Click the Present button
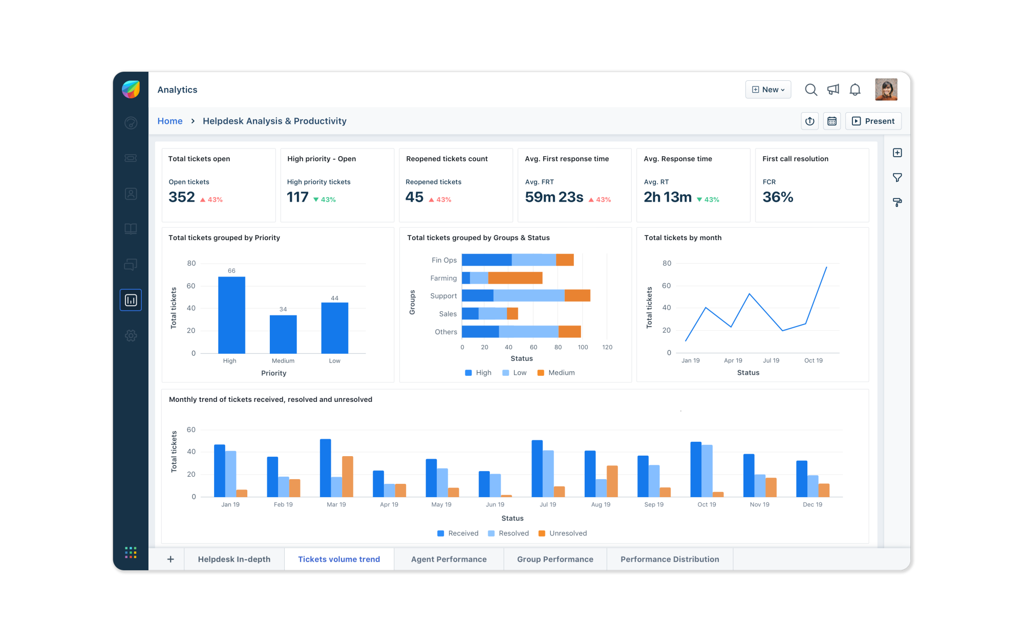(873, 121)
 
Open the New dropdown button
(768, 90)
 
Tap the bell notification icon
(855, 90)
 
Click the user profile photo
(886, 90)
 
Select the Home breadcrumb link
(170, 121)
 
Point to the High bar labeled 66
(231, 315)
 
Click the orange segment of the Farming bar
(515, 278)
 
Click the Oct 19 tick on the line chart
(813, 360)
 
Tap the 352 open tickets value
(182, 197)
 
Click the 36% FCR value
(778, 197)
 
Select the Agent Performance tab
(449, 559)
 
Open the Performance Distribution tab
(670, 559)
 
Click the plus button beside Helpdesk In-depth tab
(170, 559)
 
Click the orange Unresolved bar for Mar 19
(348, 476)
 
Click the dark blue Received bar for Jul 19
(537, 468)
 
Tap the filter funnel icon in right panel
(897, 178)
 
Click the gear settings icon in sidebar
(131, 335)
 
